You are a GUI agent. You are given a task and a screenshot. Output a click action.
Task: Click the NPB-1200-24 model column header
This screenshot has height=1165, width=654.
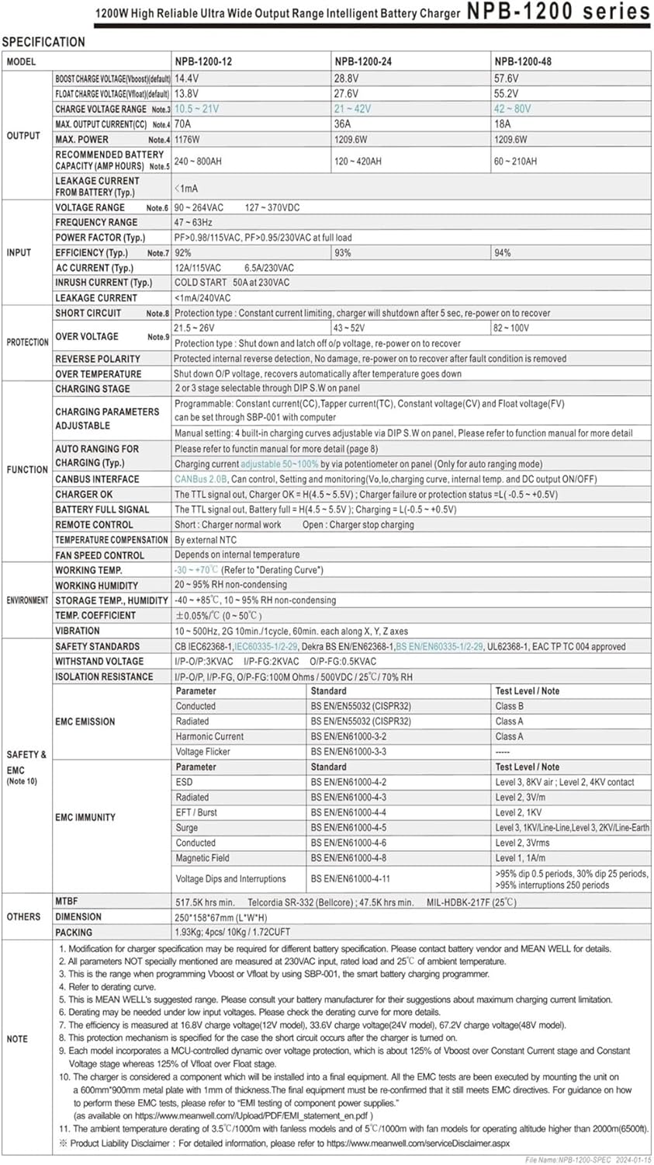(x=363, y=61)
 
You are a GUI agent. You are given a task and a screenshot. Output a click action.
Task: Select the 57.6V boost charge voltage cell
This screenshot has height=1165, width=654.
(x=507, y=78)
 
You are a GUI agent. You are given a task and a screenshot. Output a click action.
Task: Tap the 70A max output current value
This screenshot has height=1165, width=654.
(x=183, y=123)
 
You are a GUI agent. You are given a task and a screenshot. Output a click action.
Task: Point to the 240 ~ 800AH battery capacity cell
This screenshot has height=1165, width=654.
(x=198, y=162)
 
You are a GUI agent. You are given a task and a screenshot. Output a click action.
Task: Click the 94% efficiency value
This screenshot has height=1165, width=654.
(x=503, y=252)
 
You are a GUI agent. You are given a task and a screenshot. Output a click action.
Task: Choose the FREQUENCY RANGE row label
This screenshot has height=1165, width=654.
(x=96, y=222)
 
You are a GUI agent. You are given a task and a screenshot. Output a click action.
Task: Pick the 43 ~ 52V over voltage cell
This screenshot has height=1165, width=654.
(x=349, y=328)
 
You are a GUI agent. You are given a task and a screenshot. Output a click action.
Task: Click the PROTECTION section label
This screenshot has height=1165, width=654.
(x=28, y=342)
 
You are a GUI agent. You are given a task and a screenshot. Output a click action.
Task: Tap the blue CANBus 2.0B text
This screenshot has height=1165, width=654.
(x=201, y=479)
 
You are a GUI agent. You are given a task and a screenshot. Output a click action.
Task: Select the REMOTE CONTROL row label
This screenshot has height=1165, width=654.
(x=94, y=524)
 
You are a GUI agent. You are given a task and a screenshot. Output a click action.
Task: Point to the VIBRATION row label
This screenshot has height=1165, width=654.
(x=78, y=631)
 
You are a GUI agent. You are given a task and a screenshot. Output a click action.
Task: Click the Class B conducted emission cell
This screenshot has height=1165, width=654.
(x=510, y=706)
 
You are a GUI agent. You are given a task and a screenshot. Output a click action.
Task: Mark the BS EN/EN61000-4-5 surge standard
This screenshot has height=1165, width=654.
(x=348, y=828)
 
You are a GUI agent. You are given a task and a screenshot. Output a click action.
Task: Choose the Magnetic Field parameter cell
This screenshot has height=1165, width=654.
(x=202, y=858)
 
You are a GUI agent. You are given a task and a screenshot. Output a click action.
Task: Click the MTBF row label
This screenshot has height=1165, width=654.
(x=66, y=902)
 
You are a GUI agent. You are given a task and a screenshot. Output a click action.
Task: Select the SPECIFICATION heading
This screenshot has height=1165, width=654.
(x=43, y=42)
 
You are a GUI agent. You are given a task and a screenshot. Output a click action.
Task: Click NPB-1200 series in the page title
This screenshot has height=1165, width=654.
(x=558, y=12)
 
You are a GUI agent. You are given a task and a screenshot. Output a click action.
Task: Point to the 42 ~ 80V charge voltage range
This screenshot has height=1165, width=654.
(x=513, y=109)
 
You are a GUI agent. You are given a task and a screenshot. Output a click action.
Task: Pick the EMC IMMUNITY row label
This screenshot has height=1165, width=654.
(x=85, y=817)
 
